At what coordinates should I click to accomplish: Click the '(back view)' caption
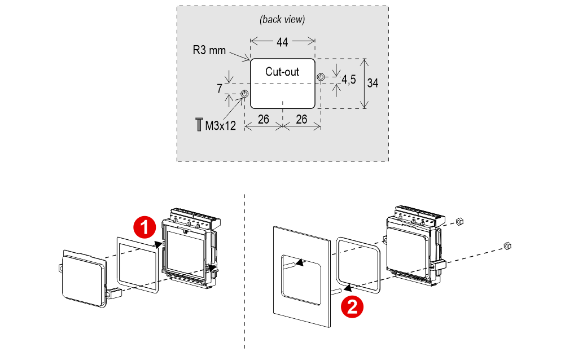[282, 19]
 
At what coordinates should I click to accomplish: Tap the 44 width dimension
[282, 41]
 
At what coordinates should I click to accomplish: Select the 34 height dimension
[373, 83]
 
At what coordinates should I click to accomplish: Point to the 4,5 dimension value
[348, 80]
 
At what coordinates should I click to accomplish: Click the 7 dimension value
[219, 89]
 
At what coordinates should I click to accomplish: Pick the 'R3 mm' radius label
[209, 50]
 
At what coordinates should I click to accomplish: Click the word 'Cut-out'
[282, 72]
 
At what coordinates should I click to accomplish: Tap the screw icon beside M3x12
[199, 125]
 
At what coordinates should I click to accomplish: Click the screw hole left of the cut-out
[244, 94]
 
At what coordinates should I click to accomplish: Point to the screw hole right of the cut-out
[321, 77]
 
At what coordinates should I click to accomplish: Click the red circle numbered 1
[144, 227]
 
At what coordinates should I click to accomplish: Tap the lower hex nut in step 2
[506, 245]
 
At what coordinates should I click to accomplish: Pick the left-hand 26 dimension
[263, 119]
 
